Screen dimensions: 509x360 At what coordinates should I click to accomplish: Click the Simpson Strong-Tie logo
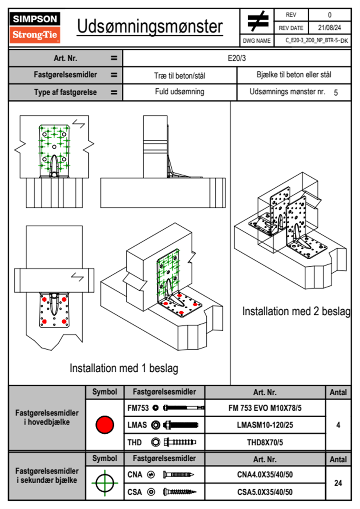coord(35,27)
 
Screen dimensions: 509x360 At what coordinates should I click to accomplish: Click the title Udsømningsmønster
coord(150,27)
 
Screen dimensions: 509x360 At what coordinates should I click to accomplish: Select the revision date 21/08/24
coord(329,28)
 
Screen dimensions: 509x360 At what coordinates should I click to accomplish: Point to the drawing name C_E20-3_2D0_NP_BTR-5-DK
coord(316,41)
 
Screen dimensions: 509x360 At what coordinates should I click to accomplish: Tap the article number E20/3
coord(237,58)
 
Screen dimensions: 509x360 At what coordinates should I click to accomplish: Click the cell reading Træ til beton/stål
coord(179,76)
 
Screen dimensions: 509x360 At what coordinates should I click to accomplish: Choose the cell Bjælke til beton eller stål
coord(294,75)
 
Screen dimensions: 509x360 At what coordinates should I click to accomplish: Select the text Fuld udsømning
coord(179,92)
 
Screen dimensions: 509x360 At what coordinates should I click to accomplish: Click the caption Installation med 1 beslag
coord(124,368)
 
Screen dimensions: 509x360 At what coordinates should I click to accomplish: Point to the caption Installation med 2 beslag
coord(296,311)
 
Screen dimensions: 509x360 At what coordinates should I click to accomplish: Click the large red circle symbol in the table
coord(105,425)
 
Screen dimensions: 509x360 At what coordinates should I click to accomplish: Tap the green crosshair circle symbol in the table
coord(105,483)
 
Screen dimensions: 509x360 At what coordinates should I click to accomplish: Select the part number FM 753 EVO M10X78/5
coord(265,408)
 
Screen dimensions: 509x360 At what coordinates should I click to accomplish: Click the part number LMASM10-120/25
coord(265,425)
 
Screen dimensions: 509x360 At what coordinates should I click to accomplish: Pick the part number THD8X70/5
coord(265,442)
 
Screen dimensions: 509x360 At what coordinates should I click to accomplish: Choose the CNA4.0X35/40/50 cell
coord(265,475)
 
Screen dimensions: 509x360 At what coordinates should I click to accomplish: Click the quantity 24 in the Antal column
coord(338,483)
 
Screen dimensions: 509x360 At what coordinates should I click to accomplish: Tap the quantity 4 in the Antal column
coord(338,425)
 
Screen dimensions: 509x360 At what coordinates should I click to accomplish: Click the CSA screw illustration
coord(179,492)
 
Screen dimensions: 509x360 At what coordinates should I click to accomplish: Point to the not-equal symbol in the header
coord(257,21)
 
